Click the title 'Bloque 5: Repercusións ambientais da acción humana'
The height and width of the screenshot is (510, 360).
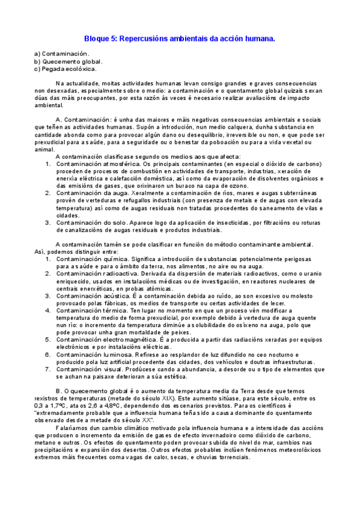pos(179,38)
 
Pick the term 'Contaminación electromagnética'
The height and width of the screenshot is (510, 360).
pos(109,340)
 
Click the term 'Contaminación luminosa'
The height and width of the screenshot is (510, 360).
pos(96,355)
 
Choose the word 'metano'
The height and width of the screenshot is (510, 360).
pos(46,442)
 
